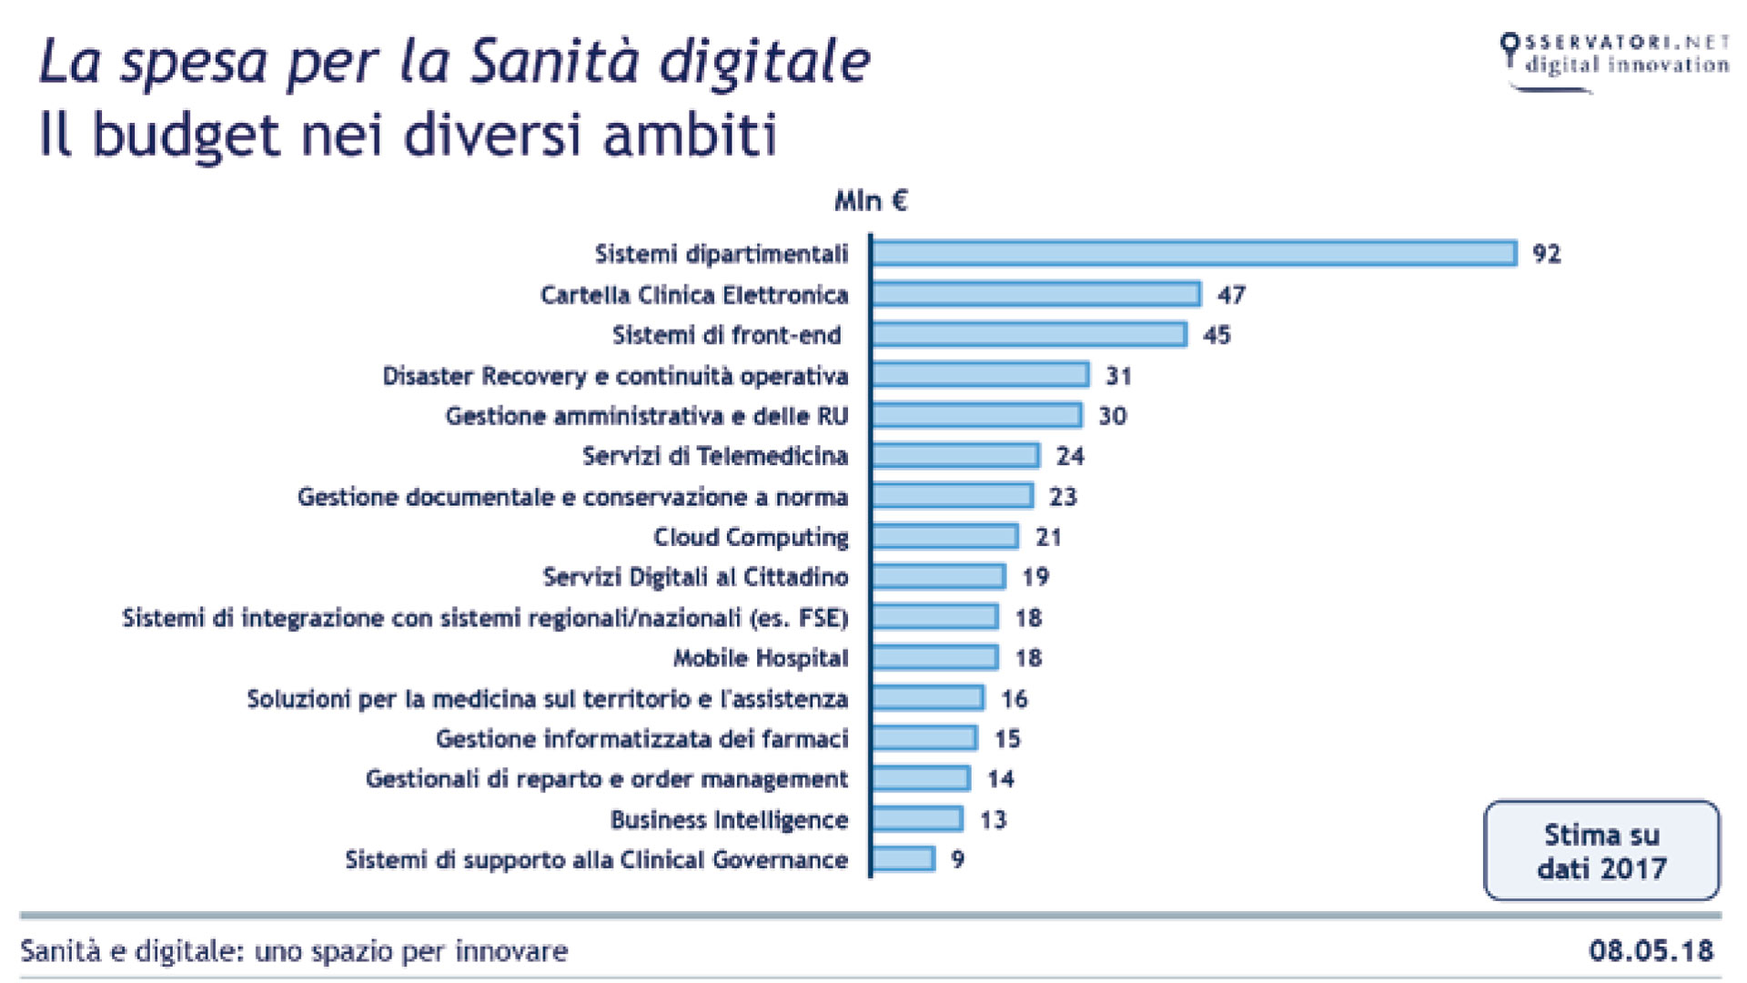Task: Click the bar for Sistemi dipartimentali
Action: click(x=1194, y=253)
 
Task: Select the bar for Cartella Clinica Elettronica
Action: click(x=1035, y=294)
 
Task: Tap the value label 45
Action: click(x=1217, y=335)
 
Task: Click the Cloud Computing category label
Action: click(x=751, y=537)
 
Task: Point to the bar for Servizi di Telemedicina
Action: click(x=954, y=455)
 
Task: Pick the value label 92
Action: click(x=1546, y=253)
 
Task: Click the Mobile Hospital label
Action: click(x=761, y=658)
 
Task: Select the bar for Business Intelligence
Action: click(x=916, y=819)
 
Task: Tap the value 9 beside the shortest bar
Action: click(x=957, y=859)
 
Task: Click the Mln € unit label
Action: click(x=871, y=200)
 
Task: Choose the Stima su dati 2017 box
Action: click(x=1601, y=851)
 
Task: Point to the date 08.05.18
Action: click(x=1651, y=950)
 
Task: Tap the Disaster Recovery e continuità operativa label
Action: click(x=615, y=376)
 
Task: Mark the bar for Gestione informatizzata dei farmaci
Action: click(x=924, y=738)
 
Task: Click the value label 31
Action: click(x=1118, y=376)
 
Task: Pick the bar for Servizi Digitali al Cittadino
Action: click(x=938, y=577)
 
